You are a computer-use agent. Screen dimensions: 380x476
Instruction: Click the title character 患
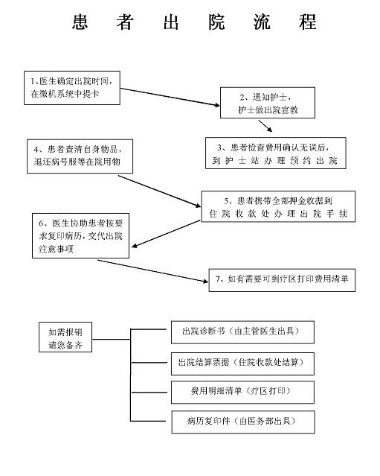80,22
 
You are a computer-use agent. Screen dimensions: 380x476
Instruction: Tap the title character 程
308,22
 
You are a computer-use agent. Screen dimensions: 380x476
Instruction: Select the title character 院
216,22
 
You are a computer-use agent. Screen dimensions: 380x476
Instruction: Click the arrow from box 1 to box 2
170,97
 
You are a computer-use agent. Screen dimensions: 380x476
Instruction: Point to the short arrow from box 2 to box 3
265,126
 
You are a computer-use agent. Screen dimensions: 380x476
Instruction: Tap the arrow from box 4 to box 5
159,191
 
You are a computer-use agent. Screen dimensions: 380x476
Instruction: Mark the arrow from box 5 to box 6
166,234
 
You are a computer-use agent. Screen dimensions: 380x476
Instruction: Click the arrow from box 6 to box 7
153,271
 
